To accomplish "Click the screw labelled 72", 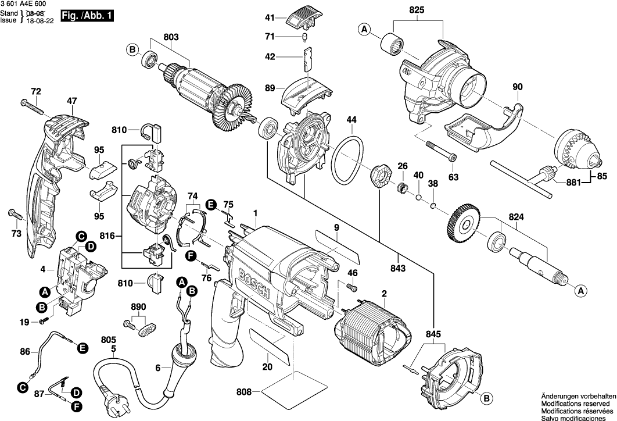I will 32,105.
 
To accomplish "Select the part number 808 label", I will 244,393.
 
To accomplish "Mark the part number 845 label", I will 433,334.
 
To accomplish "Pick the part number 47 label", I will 71,101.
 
